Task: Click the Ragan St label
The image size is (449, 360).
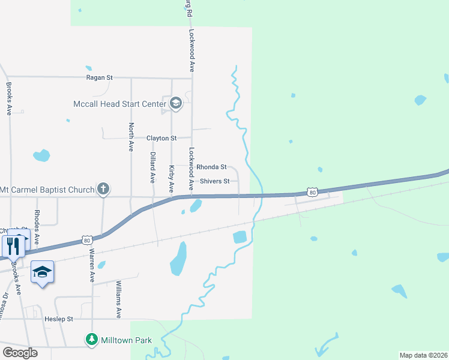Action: tap(100, 77)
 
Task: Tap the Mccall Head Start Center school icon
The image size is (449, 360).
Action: tap(176, 104)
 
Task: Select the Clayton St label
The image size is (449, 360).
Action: tap(161, 138)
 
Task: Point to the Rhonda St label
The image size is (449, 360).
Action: tap(211, 167)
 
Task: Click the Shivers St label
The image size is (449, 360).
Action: tap(214, 181)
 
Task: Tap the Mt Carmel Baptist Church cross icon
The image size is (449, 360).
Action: tap(104, 190)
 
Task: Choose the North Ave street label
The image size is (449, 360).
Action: tap(131, 137)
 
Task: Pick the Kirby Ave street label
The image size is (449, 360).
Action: tap(172, 179)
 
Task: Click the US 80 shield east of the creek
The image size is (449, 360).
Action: tap(311, 191)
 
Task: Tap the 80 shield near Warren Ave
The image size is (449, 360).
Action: tap(88, 241)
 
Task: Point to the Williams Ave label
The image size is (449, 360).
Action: tap(119, 298)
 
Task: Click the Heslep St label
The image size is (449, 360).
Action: tap(58, 319)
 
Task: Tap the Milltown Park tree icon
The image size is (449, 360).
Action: tap(92, 340)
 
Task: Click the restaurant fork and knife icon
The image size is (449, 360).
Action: tap(13, 245)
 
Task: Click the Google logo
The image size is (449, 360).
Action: tap(20, 352)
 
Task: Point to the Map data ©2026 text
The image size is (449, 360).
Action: tap(423, 355)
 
